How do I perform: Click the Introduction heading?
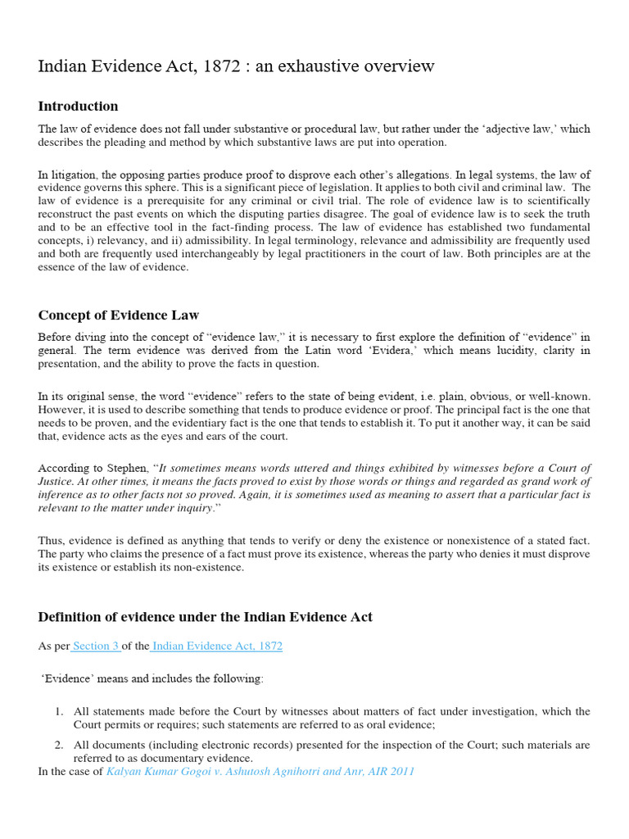pyautogui.click(x=78, y=107)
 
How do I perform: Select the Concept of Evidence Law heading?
pyautogui.click(x=119, y=315)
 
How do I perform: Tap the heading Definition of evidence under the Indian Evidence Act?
pyautogui.click(x=205, y=617)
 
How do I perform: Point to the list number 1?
pyautogui.click(x=60, y=712)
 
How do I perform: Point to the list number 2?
pyautogui.click(x=60, y=746)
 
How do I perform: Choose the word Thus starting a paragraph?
pyautogui.click(x=51, y=541)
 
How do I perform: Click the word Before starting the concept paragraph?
pyautogui.click(x=57, y=338)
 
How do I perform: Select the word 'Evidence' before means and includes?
pyautogui.click(x=68, y=679)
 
